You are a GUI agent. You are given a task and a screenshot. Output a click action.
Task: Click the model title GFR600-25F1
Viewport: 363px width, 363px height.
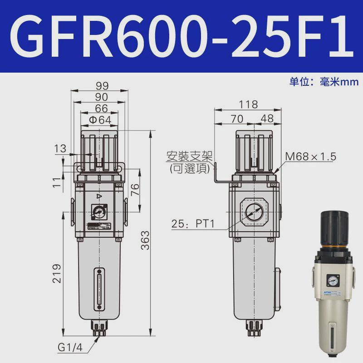point(181,36)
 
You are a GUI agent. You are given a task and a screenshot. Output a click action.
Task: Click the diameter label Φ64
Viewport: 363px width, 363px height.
point(100,120)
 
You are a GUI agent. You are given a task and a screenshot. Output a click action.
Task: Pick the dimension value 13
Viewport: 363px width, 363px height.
point(59,148)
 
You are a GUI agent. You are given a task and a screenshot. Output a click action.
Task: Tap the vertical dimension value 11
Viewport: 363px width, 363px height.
point(56,183)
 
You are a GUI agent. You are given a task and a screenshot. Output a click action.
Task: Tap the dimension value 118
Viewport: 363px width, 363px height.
point(248,104)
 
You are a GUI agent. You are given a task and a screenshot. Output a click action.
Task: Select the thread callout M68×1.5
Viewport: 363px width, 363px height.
point(310,157)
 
